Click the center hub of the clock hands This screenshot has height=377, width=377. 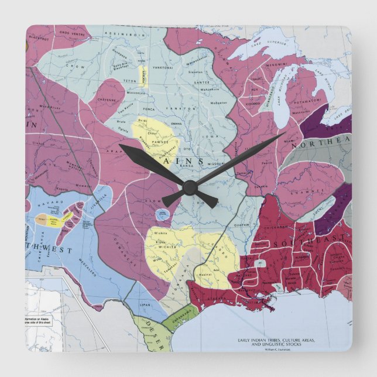(188, 187)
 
